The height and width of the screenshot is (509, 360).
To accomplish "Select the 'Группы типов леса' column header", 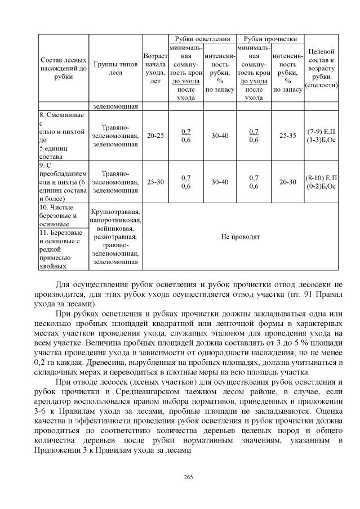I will click(x=115, y=68).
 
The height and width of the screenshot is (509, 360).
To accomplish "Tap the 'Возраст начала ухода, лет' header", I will click(x=155, y=68).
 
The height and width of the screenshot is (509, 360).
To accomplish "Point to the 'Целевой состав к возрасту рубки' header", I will click(x=321, y=68).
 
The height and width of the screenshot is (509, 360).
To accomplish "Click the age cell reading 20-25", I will click(x=155, y=136).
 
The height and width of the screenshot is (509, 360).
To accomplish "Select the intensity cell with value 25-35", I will click(x=287, y=136).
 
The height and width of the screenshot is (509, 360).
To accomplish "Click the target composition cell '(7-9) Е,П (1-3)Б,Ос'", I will click(x=321, y=136).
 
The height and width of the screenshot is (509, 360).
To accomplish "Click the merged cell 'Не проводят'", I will click(x=241, y=237).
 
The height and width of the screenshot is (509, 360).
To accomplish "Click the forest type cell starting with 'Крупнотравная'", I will click(x=115, y=212).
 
